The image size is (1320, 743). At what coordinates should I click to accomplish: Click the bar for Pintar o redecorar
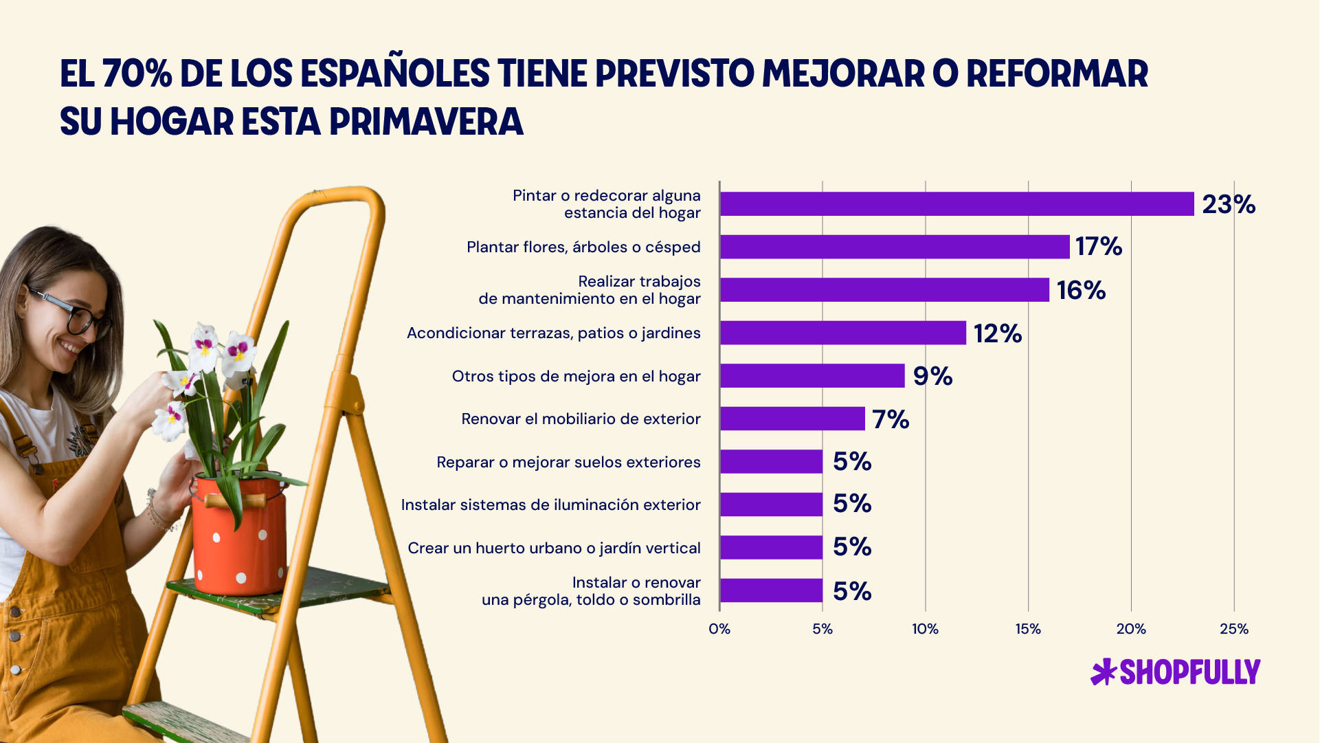click(957, 204)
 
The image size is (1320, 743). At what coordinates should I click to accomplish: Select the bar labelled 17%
click(895, 247)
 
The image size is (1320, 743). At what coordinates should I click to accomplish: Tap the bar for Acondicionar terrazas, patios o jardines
click(842, 333)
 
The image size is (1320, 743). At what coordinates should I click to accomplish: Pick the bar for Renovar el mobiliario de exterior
click(792, 419)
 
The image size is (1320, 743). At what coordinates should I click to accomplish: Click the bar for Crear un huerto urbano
click(771, 547)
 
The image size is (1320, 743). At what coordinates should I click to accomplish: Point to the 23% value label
click(1229, 204)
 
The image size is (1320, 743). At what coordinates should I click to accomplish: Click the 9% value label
click(932, 376)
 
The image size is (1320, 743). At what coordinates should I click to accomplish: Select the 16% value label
click(1081, 290)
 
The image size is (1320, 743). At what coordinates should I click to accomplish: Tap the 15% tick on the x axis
click(1028, 629)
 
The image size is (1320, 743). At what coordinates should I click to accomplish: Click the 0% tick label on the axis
click(719, 629)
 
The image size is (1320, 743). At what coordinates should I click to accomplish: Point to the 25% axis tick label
click(1233, 629)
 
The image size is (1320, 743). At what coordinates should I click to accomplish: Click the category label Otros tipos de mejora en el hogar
click(576, 376)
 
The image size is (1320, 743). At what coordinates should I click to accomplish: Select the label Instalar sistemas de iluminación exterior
click(550, 504)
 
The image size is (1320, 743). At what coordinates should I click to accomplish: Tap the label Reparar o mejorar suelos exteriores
click(568, 462)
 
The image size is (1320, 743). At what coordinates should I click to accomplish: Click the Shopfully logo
click(1176, 672)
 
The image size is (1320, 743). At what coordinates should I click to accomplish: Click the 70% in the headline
click(137, 74)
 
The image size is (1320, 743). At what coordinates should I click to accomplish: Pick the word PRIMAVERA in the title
click(426, 122)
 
